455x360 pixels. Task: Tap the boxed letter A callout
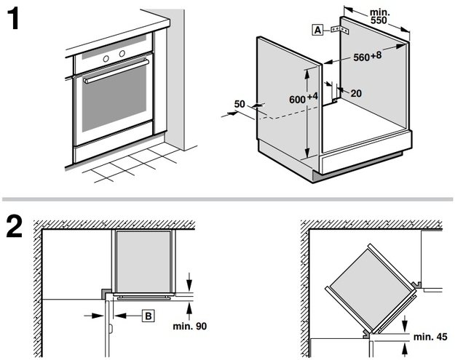[317, 30]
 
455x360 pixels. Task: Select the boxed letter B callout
[147, 316]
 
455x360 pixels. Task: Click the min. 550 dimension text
[379, 17]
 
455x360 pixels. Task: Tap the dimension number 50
[240, 105]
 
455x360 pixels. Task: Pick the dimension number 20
[356, 93]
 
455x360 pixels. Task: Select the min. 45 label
[429, 337]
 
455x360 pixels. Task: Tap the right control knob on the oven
[119, 55]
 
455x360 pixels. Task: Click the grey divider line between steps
[227, 199]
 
